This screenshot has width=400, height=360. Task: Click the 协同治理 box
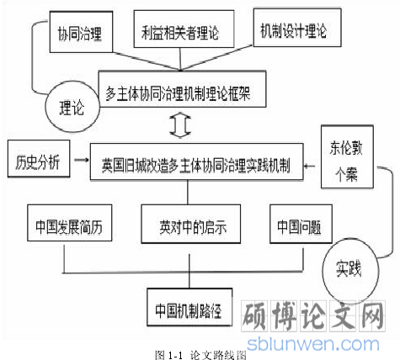click(81, 32)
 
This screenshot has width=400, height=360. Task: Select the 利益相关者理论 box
click(184, 29)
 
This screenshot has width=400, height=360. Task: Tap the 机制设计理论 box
click(297, 28)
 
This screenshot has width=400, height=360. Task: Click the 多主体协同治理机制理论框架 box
click(182, 89)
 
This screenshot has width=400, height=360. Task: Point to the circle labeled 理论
click(72, 107)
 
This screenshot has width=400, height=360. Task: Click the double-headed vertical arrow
click(180, 125)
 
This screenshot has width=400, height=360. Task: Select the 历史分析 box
click(39, 159)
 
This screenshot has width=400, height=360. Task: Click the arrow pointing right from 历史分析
click(82, 160)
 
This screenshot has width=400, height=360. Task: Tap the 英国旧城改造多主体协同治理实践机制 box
click(196, 161)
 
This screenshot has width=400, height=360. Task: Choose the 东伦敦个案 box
click(347, 156)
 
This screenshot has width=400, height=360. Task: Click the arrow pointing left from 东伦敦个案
click(309, 166)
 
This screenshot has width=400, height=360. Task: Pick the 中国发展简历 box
click(70, 223)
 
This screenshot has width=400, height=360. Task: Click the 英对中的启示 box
click(191, 224)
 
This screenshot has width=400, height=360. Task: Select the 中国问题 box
click(301, 224)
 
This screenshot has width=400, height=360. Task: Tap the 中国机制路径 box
click(189, 307)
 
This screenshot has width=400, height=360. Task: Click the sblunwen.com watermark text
click(313, 344)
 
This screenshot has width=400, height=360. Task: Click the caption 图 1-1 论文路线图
click(201, 355)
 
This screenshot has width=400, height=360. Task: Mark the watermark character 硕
click(255, 315)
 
